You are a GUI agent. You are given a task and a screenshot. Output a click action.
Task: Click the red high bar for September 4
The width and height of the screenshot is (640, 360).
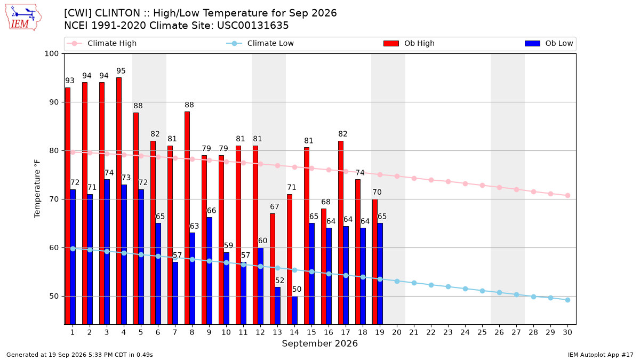coord(119,201)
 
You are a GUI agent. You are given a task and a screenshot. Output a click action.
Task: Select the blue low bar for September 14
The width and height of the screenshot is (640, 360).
coord(294,310)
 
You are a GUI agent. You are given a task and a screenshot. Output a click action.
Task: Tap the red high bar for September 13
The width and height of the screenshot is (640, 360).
coord(273,269)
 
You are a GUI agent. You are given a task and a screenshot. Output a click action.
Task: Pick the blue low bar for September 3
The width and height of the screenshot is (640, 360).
coord(107,252)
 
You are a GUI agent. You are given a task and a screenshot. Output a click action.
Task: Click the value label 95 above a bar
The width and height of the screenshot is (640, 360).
coord(121,71)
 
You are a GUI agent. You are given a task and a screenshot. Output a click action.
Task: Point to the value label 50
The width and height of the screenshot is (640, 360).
coord(297,289)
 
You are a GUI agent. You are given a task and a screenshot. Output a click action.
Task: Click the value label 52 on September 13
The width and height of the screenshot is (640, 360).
coord(279,281)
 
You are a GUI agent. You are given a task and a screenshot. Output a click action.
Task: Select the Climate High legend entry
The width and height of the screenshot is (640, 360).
coord(101,43)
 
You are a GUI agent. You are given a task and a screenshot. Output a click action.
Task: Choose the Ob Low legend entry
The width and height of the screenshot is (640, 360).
coord(549,43)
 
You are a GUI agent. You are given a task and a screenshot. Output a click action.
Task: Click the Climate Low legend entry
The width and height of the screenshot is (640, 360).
coord(260,43)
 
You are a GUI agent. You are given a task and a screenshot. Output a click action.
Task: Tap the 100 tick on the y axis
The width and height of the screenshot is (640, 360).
coord(51,54)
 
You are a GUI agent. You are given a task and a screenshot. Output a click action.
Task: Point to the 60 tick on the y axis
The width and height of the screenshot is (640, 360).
coord(54,247)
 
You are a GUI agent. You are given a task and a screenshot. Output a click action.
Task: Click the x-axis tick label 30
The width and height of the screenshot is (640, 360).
coord(567,332)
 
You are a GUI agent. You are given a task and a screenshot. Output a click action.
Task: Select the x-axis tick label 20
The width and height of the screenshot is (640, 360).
coord(397,332)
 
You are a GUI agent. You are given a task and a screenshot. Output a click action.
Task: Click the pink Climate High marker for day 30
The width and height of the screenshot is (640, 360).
coord(567,195)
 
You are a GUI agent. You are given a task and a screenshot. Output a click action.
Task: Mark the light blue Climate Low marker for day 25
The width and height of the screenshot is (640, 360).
coord(482,291)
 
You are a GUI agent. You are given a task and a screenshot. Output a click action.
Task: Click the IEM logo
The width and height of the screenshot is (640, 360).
coord(23,18)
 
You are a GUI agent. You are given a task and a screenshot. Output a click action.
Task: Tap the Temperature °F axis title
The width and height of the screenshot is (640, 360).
coord(37,189)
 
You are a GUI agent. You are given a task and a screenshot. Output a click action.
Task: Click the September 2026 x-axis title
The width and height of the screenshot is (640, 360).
coord(319,343)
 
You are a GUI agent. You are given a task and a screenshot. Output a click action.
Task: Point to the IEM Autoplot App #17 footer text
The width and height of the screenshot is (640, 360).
coord(601,355)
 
